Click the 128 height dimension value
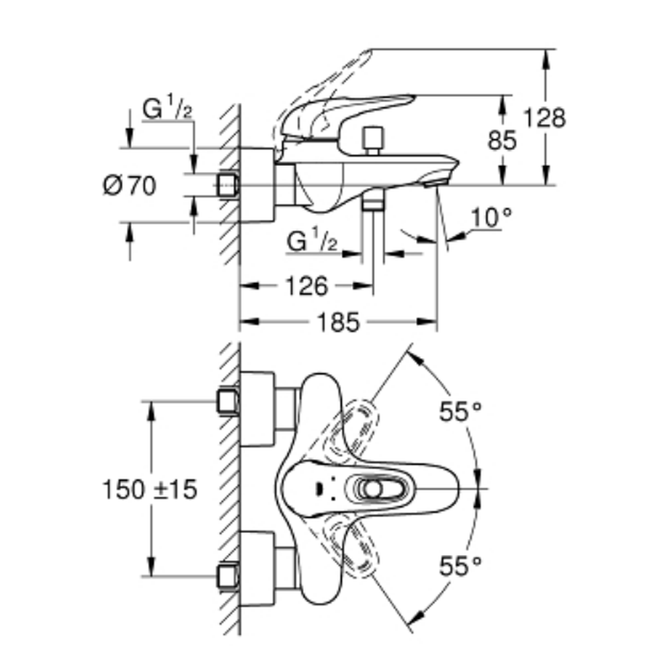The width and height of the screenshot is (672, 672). [544, 118]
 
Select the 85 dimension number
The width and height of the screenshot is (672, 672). [502, 140]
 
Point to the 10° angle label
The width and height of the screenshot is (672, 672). [491, 218]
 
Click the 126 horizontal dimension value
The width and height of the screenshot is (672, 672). [306, 286]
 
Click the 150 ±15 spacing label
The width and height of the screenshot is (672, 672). [150, 489]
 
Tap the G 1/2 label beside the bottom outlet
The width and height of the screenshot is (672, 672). [312, 241]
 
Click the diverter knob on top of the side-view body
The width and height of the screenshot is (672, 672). [372, 139]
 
